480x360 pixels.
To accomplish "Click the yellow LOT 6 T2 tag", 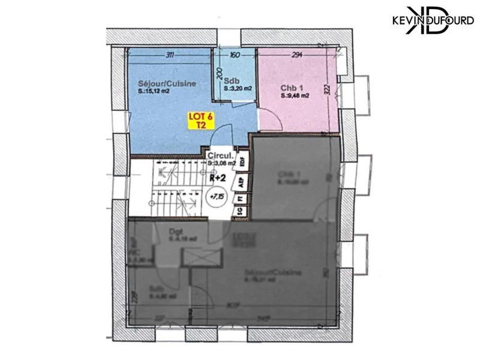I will tap(200, 121).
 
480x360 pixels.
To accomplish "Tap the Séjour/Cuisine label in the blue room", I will tap(158, 85).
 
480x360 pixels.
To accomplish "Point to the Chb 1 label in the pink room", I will tap(291, 87).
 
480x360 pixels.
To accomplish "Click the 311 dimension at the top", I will tap(170, 56).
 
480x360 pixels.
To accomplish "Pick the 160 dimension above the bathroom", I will tap(235, 56).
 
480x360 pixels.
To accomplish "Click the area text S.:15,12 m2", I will tap(158, 92).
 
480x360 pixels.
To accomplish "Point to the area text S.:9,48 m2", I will tap(295, 95).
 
